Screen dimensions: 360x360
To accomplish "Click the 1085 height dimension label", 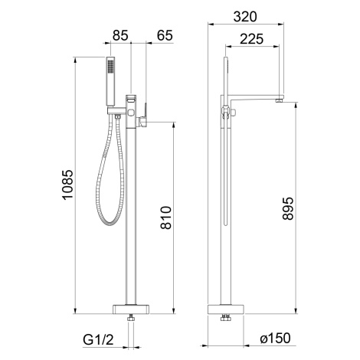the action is point(68,184).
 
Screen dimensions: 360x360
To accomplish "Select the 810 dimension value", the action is point(166,218).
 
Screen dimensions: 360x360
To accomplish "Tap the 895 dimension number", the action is point(288,208).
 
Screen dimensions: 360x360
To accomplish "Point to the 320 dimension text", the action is point(245,17).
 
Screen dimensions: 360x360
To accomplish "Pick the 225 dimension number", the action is point(251,39).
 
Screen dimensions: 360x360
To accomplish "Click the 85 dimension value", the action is point(120,35).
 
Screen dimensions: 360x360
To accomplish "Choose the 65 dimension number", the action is point(165,35).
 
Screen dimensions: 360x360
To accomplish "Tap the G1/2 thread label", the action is point(98,339).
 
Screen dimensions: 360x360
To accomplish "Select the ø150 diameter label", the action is point(275,338).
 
